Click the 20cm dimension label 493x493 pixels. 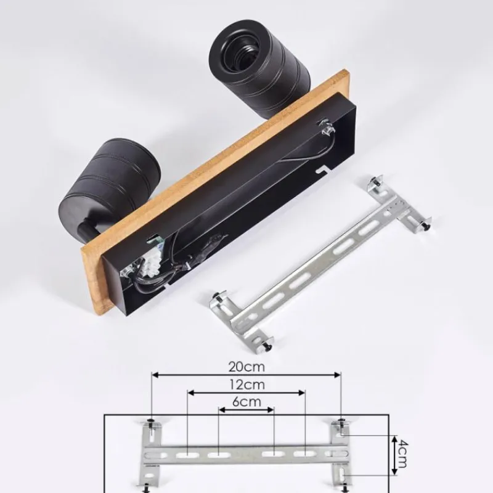click(246, 367)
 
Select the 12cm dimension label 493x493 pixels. click(246, 385)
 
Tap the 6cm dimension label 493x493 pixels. click(246, 402)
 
